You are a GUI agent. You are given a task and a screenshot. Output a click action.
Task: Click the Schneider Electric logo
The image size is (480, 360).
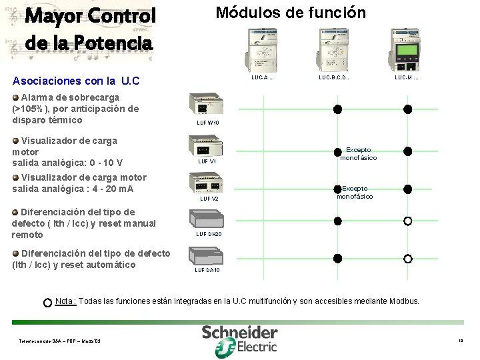239,339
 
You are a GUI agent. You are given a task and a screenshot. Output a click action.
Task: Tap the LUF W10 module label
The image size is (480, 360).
207,123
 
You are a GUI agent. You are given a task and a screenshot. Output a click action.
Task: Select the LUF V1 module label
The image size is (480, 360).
207,161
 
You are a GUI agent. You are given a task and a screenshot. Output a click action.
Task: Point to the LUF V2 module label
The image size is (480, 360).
209,199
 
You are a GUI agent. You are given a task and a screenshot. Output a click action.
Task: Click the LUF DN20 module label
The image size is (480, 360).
208,234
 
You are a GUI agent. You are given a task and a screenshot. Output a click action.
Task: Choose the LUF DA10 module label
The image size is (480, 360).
207,270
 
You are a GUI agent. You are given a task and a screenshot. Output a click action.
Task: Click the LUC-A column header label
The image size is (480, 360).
262,78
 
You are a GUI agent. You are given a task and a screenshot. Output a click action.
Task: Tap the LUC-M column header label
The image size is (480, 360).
407,78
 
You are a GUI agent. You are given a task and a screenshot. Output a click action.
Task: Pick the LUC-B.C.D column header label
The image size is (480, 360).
334,78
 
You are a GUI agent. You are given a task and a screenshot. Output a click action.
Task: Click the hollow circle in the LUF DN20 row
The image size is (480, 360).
407,221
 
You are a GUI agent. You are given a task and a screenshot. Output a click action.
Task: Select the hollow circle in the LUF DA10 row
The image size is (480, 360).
407,258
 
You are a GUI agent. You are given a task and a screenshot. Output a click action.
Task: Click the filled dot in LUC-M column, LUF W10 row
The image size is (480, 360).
407,109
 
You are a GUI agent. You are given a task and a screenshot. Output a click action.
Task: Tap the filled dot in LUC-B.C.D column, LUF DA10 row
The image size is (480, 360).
337,258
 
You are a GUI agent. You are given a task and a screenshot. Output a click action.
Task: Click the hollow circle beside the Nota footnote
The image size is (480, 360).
47,303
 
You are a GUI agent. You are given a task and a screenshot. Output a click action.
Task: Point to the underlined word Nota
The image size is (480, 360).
65,301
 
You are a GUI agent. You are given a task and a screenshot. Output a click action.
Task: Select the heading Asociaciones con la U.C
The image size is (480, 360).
76,81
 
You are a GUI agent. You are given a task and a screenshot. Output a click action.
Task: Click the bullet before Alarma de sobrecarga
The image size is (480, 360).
16,97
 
